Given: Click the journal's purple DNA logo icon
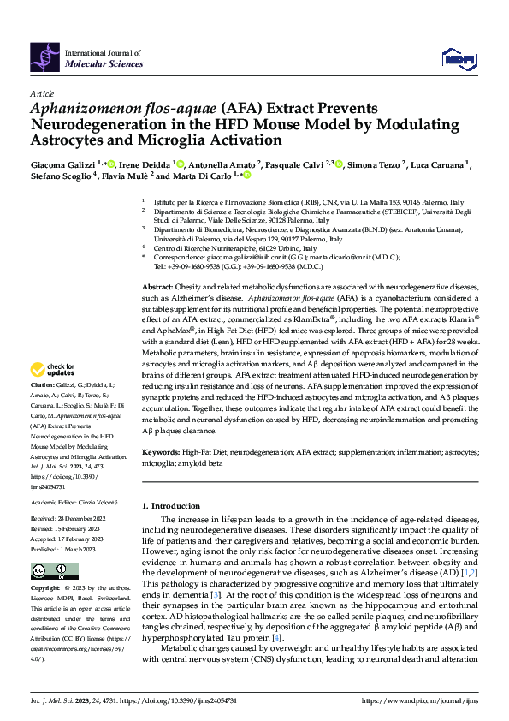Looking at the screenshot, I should point(44,57).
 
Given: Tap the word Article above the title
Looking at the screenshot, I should point(42,93).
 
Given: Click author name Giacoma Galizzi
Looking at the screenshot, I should point(62,164).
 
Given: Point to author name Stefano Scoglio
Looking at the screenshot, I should point(62,176).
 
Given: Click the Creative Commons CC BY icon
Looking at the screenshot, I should point(43,570).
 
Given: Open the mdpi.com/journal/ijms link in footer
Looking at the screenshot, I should point(422,701).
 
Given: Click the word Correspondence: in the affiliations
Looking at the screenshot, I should point(181,257).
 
